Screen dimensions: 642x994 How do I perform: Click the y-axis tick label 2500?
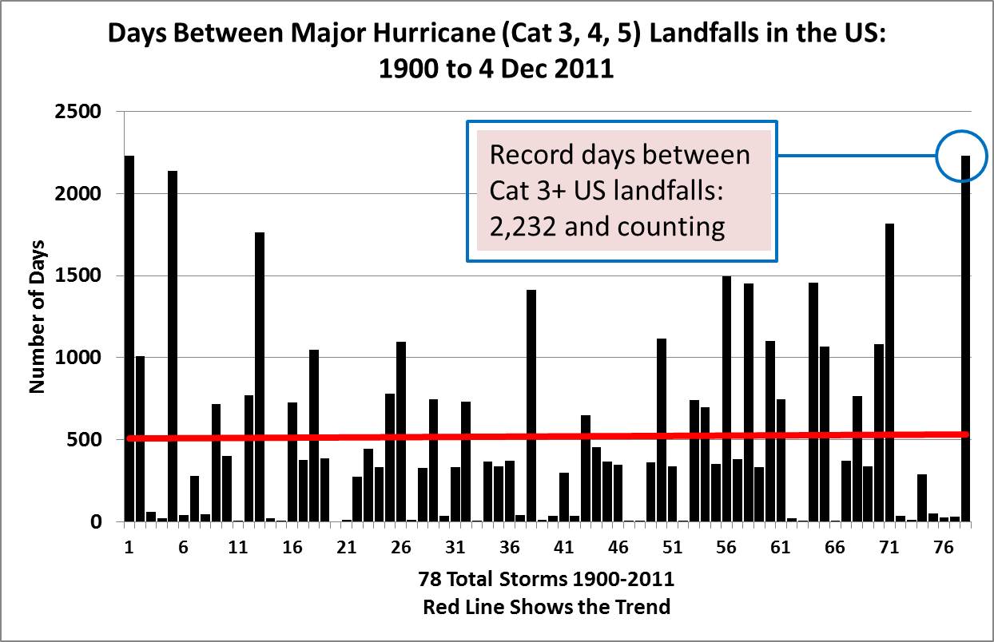tap(78, 112)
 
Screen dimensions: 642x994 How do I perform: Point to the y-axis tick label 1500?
tap(78, 276)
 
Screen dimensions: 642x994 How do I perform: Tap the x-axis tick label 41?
tap(563, 549)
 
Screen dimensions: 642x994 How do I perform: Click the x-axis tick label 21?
tap(346, 549)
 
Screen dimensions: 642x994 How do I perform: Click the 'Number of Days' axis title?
tap(37, 317)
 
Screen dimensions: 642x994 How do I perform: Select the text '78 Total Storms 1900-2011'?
tap(547, 578)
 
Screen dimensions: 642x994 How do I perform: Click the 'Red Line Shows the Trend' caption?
tap(547, 607)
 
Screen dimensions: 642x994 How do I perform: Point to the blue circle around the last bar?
tap(964, 156)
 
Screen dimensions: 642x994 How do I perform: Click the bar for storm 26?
tap(401, 431)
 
